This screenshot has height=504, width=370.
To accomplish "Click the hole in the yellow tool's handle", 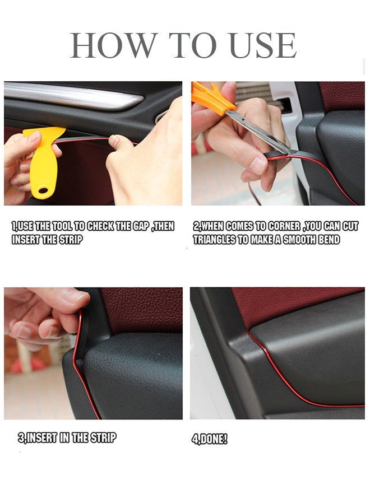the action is point(42,190).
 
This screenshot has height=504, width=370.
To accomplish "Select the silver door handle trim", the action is point(73,95).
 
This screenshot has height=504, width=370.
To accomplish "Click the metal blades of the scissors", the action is point(257,132).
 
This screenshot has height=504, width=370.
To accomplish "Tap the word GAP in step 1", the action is point(140,226).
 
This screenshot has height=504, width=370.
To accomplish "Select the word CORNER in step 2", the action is point(284,226).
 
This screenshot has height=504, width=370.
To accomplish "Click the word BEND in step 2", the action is point(329,240).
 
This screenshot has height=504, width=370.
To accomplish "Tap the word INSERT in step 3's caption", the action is point(41,438).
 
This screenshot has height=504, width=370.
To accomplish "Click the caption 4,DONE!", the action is point(209,439).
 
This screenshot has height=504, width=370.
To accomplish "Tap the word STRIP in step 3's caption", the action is point(103,438).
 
